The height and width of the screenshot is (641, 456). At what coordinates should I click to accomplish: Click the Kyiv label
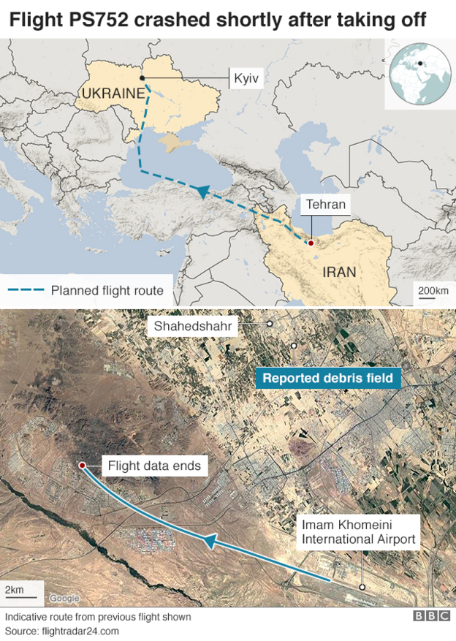pos(246,78)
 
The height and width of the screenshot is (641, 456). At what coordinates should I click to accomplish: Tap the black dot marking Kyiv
pos(142,77)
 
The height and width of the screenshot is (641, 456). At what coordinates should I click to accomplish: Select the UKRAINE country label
pos(113,94)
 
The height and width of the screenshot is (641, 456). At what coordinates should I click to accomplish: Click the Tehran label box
pos(326,204)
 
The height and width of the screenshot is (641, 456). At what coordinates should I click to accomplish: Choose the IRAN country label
pos(338,273)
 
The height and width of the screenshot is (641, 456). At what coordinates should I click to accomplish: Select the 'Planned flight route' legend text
pos(107,290)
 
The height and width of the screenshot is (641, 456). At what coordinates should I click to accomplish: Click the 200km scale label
pos(433,291)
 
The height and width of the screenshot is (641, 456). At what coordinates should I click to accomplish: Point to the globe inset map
pos(419,73)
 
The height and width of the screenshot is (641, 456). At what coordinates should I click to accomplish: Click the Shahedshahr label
pos(194,326)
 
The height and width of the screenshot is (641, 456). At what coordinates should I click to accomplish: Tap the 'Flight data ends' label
pos(154,465)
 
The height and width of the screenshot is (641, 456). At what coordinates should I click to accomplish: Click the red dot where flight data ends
pos(82,465)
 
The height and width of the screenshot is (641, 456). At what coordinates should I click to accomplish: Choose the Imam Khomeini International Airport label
pos(359,533)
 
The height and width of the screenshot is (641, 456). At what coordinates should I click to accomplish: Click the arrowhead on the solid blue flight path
pos(208,542)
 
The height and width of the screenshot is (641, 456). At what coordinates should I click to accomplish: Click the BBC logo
pos(432,616)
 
